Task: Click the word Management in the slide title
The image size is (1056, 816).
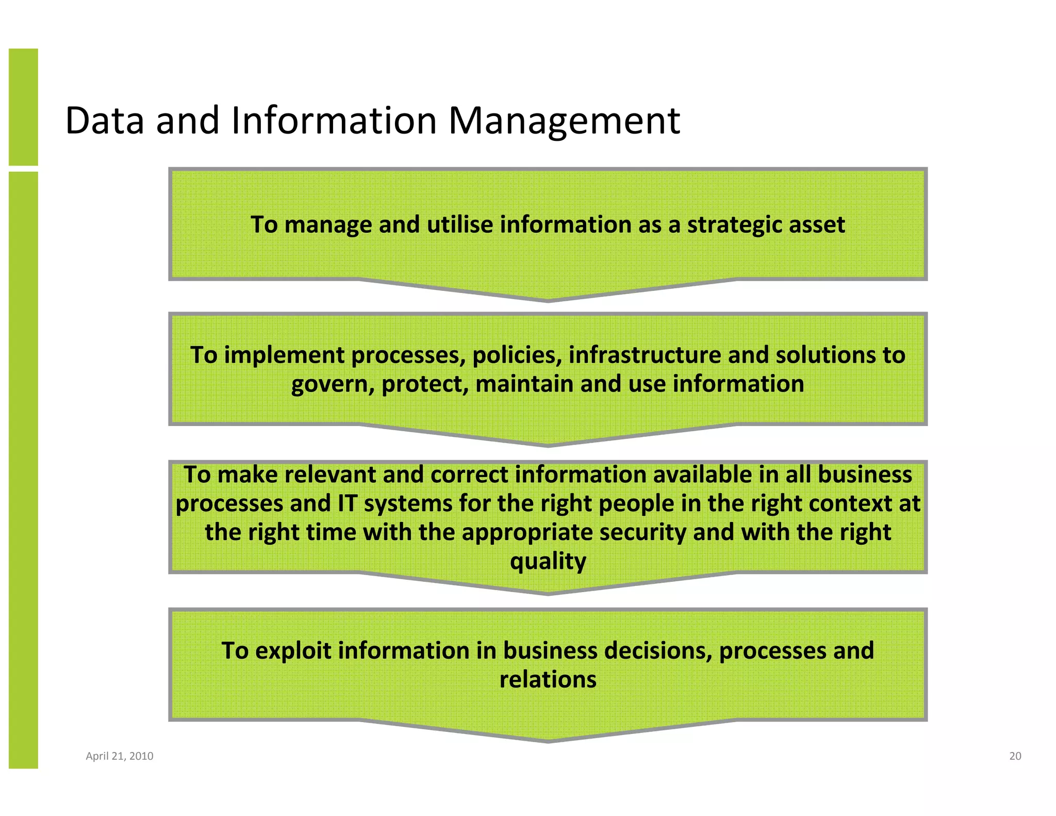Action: click(x=564, y=121)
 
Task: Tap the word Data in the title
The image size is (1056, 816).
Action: click(x=105, y=121)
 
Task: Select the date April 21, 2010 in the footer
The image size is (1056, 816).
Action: click(x=120, y=756)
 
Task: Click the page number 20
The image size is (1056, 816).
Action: click(x=1015, y=756)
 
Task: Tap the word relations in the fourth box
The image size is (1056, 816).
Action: click(x=548, y=680)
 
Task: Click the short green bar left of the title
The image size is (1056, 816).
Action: click(x=23, y=107)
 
